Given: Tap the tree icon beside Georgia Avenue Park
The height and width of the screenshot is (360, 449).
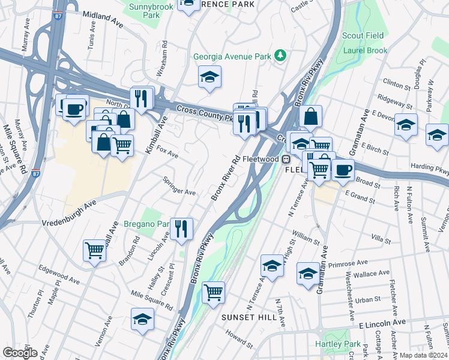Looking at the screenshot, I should coord(280,56).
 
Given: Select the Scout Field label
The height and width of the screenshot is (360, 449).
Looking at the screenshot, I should coord(363,36).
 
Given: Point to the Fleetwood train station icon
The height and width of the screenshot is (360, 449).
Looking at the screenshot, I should coord(286,160).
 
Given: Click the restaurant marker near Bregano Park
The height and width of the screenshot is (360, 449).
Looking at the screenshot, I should coord(181,229).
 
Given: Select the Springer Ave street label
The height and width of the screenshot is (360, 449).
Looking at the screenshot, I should coord(179,187).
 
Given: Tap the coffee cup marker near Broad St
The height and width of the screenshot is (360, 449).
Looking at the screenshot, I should coord(343,170).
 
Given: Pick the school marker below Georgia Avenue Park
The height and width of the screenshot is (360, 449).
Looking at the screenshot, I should coord(209,77).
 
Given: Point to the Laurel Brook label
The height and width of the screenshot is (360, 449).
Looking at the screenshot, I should coord(366,50).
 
